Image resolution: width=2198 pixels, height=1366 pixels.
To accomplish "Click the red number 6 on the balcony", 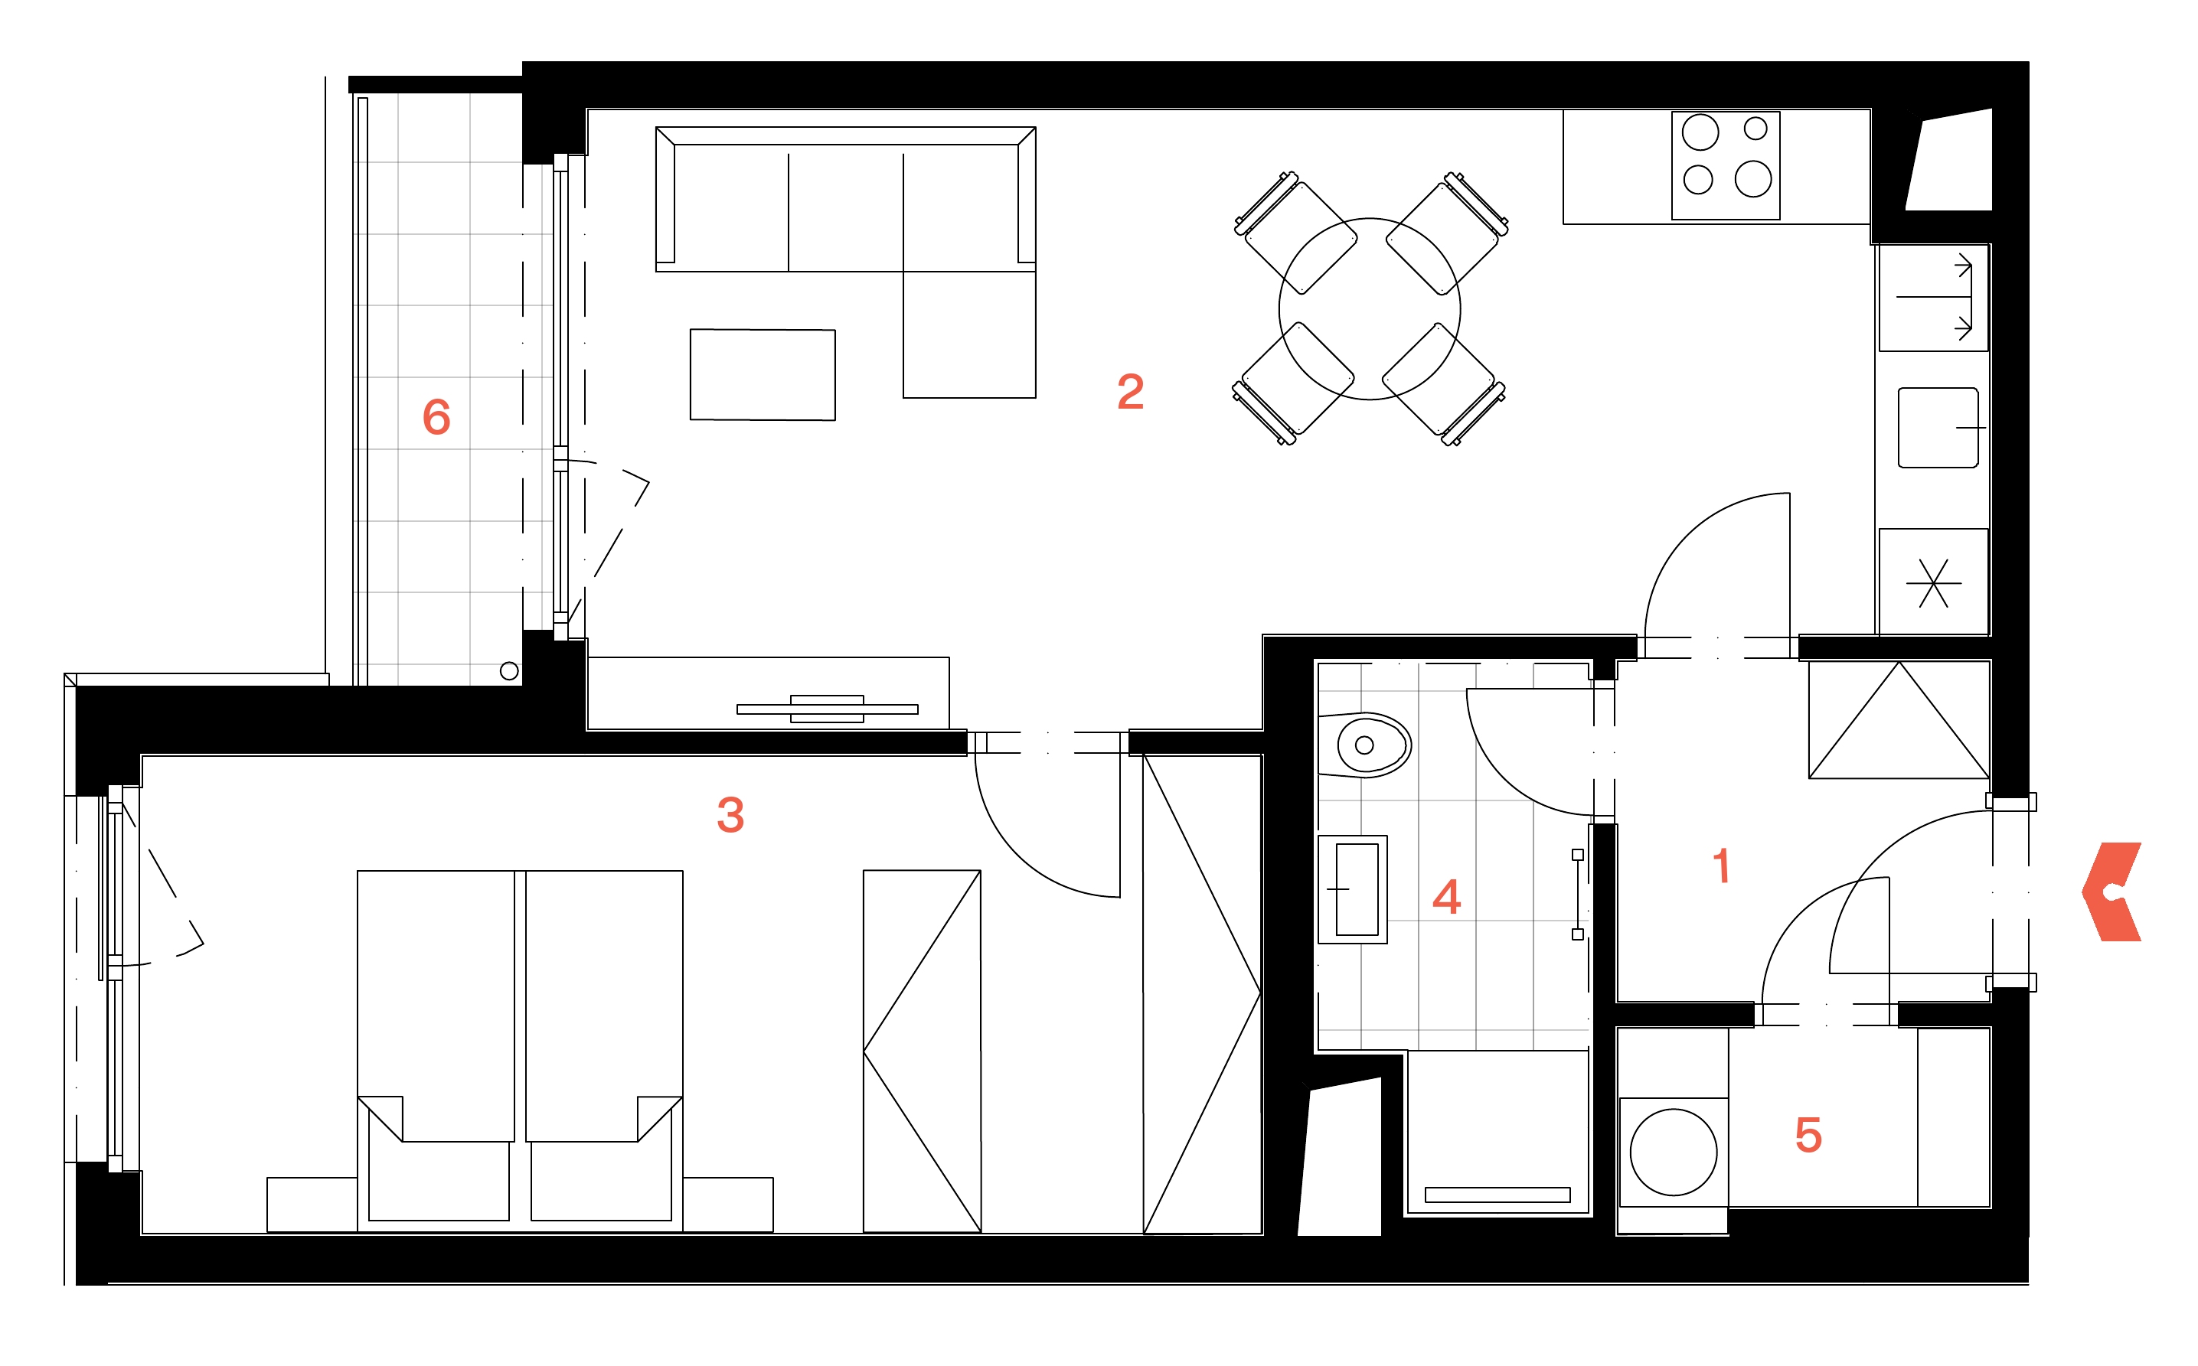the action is (436, 417).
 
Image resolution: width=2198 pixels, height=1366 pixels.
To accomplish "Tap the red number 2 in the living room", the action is (1131, 392).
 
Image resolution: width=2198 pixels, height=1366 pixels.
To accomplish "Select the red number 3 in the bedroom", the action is (730, 815).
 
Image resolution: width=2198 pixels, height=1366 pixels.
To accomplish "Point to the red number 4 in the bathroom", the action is (1447, 897).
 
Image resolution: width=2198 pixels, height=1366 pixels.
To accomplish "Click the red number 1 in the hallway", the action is (1722, 866).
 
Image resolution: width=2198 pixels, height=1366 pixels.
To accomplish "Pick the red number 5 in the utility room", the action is (1808, 1135).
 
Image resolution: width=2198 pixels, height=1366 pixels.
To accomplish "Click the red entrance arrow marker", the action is (2111, 892).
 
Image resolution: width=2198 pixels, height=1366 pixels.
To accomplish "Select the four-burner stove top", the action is (1726, 165).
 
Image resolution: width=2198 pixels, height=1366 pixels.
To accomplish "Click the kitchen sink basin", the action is (1938, 427).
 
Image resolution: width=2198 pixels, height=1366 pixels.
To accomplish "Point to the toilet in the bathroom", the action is (1365, 745).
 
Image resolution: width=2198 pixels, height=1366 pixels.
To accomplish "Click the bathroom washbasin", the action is (1353, 890).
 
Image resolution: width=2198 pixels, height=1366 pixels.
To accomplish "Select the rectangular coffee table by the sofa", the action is (763, 375).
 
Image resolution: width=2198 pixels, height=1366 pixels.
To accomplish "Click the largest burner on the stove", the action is (1753, 179).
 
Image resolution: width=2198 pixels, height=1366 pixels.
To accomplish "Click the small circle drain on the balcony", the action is (509, 671).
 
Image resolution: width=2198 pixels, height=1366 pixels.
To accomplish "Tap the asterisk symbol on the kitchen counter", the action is (1934, 584).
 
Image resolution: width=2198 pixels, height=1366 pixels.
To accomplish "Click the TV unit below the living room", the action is (768, 693).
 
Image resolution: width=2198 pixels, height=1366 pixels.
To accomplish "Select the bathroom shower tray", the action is (1497, 1132).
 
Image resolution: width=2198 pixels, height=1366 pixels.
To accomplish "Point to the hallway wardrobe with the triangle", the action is (1899, 720).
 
